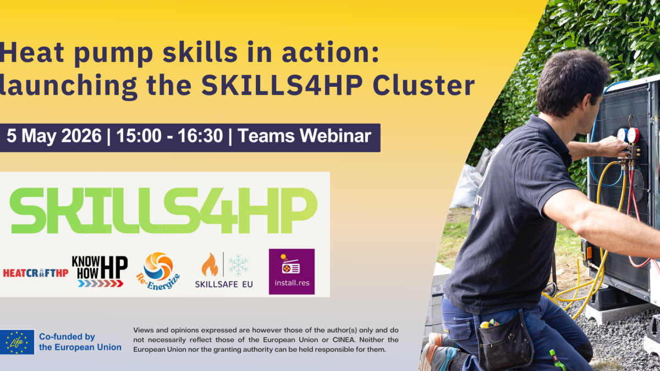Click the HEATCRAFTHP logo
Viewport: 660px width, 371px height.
pos(36,273)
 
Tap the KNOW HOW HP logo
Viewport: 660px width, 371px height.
pos(100,271)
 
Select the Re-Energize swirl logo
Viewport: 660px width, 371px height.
pos(158,271)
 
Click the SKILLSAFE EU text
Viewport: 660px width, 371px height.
pos(224,284)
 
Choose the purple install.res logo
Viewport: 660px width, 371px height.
pos(291,272)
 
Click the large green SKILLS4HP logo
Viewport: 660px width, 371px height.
pos(163,211)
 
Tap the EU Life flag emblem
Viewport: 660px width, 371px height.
pos(17,342)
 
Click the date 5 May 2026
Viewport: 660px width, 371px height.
pos(54,136)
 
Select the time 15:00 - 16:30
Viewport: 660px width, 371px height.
pos(170,136)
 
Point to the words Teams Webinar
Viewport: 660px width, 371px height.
pos(304,136)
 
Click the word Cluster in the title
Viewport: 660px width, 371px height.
pos(424,85)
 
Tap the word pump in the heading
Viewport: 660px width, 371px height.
pos(113,54)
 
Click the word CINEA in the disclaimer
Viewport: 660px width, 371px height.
pos(343,340)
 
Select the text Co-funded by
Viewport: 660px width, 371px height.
pos(67,336)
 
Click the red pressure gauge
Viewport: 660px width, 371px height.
pos(633,135)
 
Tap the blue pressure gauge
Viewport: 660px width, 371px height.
pos(622,135)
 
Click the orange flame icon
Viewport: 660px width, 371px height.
pos(210,265)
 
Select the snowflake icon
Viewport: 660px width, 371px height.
pos(238,265)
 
